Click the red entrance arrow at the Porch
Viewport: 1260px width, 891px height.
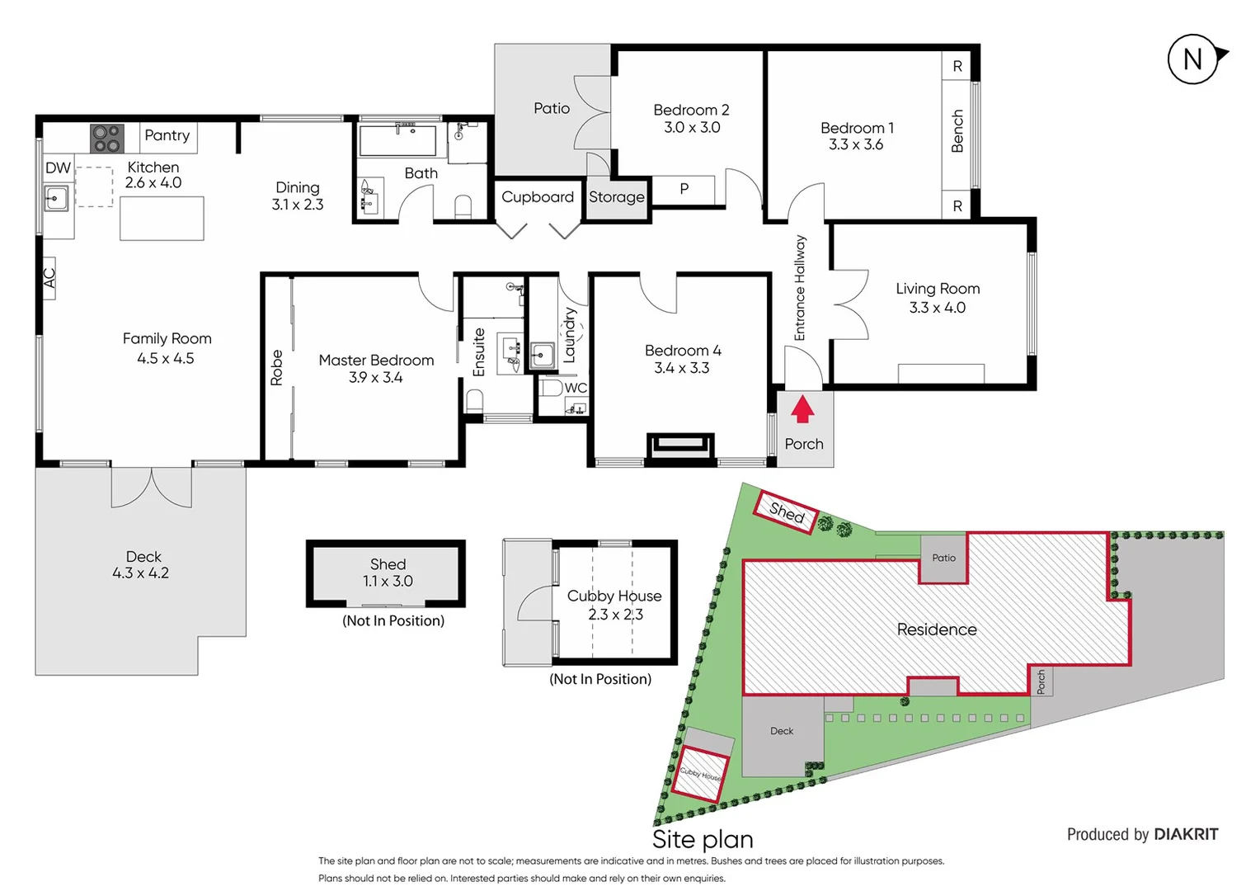[802, 408]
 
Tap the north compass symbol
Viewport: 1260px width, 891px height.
[1193, 59]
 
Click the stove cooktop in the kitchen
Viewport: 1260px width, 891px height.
[106, 139]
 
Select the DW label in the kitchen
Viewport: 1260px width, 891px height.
[58, 167]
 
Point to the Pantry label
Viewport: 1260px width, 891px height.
[167, 135]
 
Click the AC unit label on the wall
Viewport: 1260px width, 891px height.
[49, 278]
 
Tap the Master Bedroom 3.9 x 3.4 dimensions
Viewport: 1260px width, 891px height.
[375, 378]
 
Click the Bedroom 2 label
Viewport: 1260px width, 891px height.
[691, 110]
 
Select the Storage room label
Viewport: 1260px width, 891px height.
[616, 197]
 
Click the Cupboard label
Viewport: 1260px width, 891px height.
[537, 197]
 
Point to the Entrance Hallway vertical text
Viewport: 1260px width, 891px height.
[799, 288]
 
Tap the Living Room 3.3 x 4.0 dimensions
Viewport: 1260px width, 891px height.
[937, 308]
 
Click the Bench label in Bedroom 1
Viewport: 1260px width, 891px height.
[957, 131]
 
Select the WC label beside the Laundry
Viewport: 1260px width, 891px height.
[576, 388]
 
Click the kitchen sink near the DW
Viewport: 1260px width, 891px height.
[56, 199]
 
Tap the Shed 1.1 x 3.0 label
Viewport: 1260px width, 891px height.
[388, 573]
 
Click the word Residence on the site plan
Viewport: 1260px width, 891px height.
[936, 629]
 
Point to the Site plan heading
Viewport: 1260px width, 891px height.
[703, 839]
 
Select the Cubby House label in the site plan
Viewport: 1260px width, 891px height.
[700, 774]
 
